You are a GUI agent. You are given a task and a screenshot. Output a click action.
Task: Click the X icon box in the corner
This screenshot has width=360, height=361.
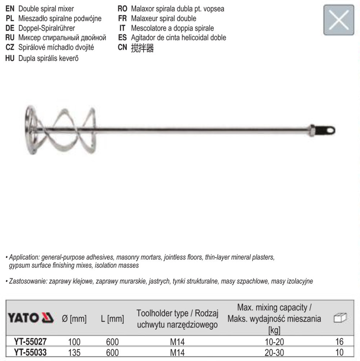point(339,20)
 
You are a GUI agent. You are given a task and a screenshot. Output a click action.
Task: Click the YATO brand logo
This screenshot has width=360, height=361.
point(31,318)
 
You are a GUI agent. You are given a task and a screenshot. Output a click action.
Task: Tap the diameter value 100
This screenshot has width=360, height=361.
point(74,342)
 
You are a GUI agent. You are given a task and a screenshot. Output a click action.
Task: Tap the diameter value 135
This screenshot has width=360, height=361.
point(74,352)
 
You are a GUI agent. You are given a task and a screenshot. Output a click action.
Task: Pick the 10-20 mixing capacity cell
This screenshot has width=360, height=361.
point(274,342)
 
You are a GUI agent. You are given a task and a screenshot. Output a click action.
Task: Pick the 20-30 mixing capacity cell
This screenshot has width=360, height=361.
point(274,352)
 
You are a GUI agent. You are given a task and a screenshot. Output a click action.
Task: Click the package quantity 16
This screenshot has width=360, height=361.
point(339,342)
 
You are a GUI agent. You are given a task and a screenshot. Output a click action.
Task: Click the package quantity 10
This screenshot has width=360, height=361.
point(339,352)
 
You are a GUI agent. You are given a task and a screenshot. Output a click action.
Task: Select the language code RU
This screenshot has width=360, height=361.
point(10,37)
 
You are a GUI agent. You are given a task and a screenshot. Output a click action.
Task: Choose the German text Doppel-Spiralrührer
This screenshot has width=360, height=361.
point(46,28)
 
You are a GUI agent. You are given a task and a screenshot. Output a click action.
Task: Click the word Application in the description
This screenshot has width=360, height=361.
point(24,258)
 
